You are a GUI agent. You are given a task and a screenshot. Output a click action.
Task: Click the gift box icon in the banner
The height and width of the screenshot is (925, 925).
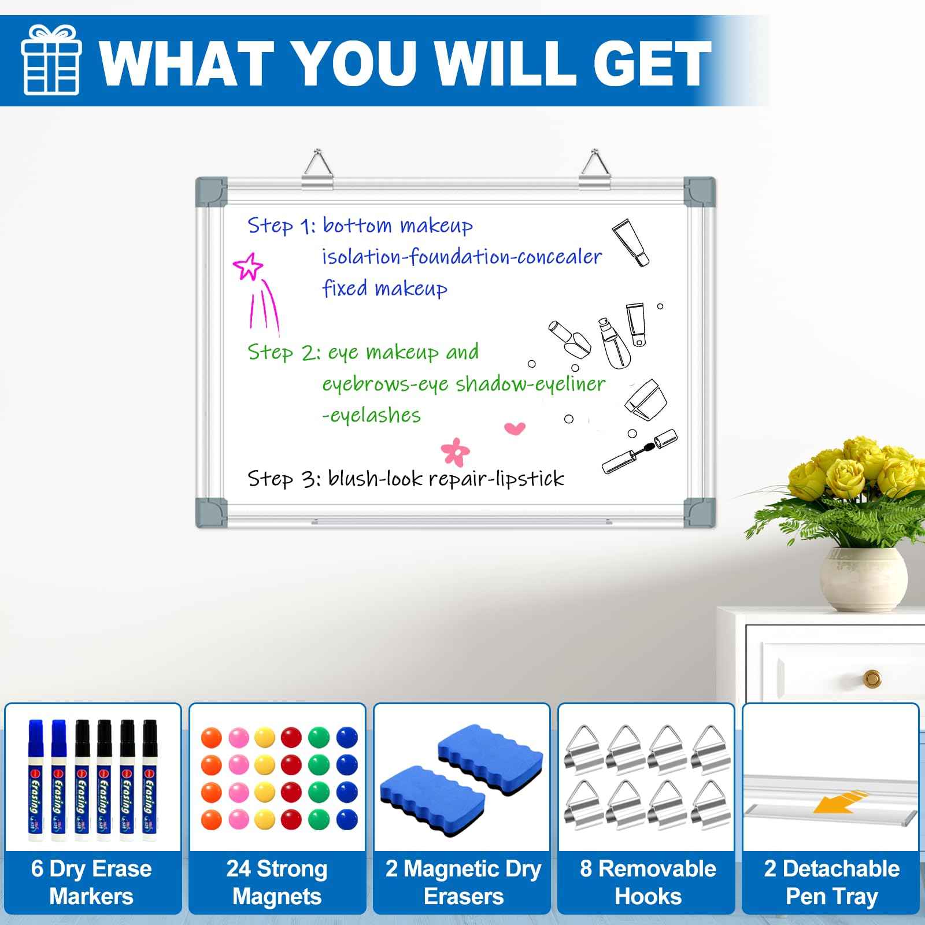[50, 60]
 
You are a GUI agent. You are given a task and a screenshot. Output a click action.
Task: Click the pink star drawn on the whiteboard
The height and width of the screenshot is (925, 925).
[248, 267]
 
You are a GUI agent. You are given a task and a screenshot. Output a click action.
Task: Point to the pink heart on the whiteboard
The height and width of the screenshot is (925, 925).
[515, 428]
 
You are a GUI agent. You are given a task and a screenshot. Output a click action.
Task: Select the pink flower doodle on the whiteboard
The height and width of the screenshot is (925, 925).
[456, 451]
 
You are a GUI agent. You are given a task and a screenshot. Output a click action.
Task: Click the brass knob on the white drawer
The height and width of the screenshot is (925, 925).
[871, 678]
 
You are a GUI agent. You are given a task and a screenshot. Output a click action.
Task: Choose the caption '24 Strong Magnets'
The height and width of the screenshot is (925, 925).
[277, 882]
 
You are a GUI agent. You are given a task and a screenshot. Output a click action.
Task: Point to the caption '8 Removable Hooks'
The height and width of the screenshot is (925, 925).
[647, 882]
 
